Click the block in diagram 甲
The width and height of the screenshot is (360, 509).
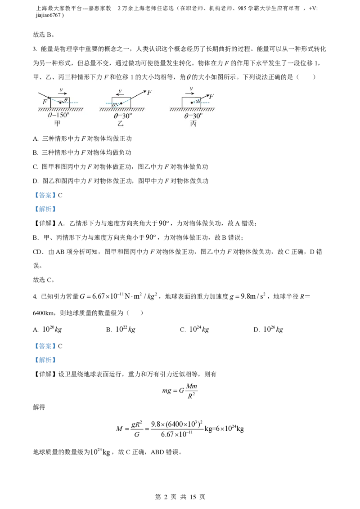point(60,103)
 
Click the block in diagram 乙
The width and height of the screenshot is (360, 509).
point(121,103)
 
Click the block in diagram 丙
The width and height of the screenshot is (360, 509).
point(191,103)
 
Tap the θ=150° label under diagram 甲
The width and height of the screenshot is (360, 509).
point(58,115)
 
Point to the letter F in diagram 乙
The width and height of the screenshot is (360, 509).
point(149,93)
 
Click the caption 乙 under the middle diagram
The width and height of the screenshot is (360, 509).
point(121,124)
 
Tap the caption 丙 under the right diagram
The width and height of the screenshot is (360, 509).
point(193,124)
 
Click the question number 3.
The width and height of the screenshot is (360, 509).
point(35,49)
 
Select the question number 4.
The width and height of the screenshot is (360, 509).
point(35,296)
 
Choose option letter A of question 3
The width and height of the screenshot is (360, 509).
point(36,138)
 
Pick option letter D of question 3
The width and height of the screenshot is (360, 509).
point(36,181)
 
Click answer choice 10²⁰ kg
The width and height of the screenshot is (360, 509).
point(52,329)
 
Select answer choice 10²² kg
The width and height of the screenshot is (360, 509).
point(126,329)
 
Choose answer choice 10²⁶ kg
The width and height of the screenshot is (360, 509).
point(273,329)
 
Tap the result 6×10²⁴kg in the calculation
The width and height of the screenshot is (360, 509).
point(230,429)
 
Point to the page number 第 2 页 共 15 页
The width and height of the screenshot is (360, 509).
point(180,497)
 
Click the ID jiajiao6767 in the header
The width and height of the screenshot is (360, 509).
point(49,15)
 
